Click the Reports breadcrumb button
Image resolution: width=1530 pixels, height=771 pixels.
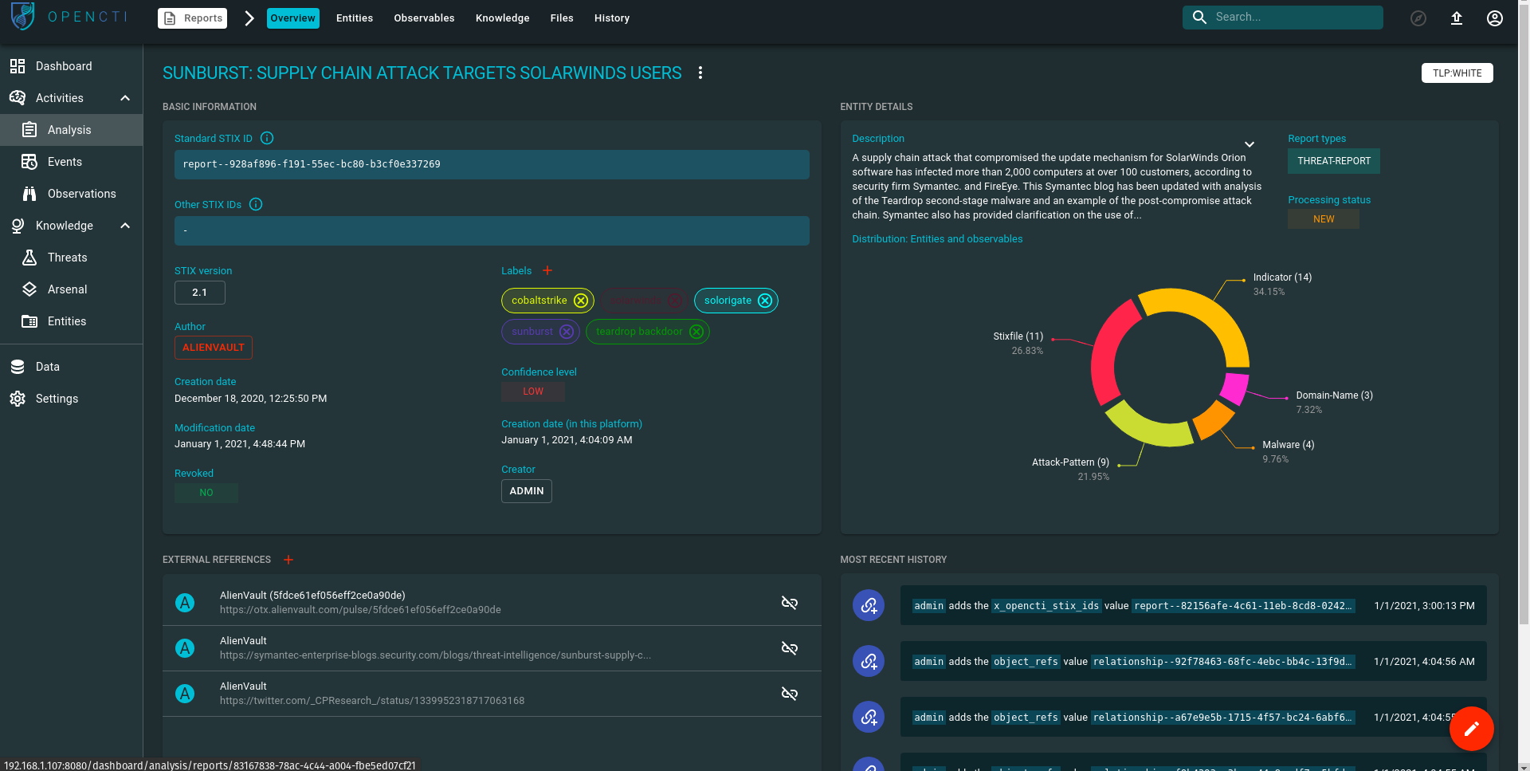[x=193, y=18]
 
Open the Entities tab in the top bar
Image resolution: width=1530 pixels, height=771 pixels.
[x=355, y=18]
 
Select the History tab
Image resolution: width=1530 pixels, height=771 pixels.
[x=612, y=18]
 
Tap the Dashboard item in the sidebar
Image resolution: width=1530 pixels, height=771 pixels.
[x=64, y=66]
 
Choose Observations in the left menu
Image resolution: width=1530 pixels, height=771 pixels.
[x=81, y=194]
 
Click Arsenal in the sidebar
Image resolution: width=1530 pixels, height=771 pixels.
[x=67, y=289]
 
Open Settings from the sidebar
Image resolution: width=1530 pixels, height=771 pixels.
[x=57, y=399]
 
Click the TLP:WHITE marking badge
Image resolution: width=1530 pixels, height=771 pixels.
[x=1457, y=73]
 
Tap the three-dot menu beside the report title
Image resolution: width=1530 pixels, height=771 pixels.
[x=700, y=73]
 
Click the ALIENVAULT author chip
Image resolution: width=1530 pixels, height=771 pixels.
[x=214, y=348]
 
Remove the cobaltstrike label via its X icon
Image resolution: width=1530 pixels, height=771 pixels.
[x=581, y=301]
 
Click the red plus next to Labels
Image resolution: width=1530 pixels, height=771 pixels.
[x=547, y=271]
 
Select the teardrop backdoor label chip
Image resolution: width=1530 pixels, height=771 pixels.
[x=638, y=332]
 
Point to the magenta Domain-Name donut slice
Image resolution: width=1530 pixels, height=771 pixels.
[x=1234, y=387]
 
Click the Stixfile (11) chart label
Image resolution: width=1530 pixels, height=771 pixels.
[x=1018, y=336]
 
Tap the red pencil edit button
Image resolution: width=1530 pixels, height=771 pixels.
[x=1471, y=729]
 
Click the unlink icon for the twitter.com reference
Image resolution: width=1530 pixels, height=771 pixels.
[x=790, y=694]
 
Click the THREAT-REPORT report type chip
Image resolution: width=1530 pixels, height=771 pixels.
[x=1333, y=161]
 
